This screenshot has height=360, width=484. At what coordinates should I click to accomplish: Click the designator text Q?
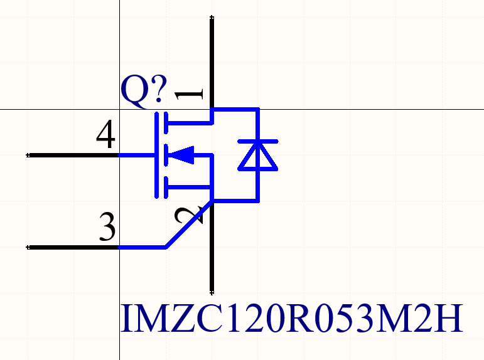[144, 91]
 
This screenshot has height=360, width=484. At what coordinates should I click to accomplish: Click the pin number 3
[108, 228]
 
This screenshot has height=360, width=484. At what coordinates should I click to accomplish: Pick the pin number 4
[106, 135]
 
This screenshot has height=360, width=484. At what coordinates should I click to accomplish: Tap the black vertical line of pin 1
[212, 63]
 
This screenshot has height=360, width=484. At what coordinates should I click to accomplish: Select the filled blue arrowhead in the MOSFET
[183, 154]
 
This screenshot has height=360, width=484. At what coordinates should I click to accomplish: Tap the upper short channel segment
[165, 122]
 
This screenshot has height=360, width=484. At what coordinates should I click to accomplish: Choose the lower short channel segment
[165, 186]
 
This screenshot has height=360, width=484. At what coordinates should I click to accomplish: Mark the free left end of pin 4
[29, 154]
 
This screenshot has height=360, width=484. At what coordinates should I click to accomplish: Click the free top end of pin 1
[212, 18]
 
